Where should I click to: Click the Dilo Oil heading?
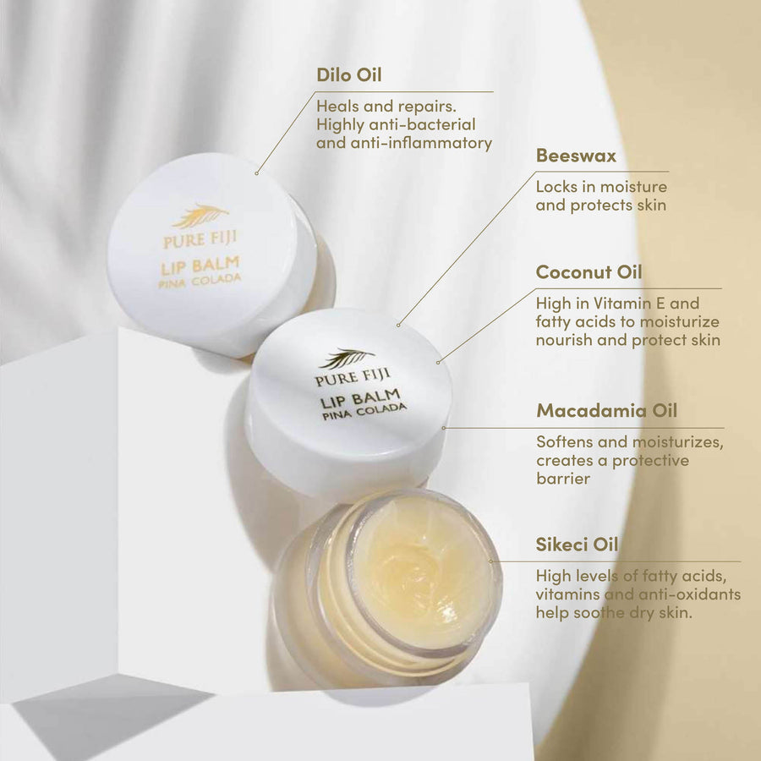(348, 75)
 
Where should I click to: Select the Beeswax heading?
(576, 156)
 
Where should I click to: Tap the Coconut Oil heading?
(589, 272)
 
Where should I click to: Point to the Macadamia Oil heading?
(606, 412)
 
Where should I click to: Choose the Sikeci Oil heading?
(577, 545)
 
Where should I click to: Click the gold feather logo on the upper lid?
(200, 216)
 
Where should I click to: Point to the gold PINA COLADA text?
(200, 281)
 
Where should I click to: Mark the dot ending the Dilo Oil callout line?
(256, 173)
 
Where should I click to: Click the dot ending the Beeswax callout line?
(397, 324)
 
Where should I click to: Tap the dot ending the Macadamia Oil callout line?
(445, 428)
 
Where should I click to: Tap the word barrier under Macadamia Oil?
(562, 479)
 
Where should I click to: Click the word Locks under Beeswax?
(557, 187)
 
